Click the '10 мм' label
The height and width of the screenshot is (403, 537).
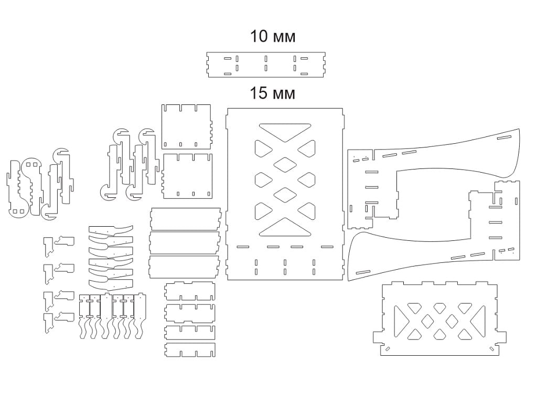pos(273,36)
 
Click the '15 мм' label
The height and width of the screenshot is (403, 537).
pos(273,93)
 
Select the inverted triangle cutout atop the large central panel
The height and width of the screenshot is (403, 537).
pos(285,131)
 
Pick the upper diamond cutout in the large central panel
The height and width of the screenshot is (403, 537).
pos(285,165)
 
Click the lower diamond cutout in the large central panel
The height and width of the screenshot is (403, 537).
pos(285,195)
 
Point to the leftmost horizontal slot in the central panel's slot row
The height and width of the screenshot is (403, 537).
pos(243,247)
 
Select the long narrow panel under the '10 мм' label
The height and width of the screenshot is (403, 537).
pos(266,65)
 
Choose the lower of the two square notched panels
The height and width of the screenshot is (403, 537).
pos(187,176)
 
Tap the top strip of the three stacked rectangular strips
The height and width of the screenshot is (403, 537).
pos(185,219)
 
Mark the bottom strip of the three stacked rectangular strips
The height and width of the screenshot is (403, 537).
pos(184,267)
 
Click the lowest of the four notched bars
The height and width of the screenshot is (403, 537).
pos(190,350)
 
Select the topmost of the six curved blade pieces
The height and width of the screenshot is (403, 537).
pos(111,230)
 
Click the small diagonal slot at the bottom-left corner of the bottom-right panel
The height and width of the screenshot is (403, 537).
pos(388,349)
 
